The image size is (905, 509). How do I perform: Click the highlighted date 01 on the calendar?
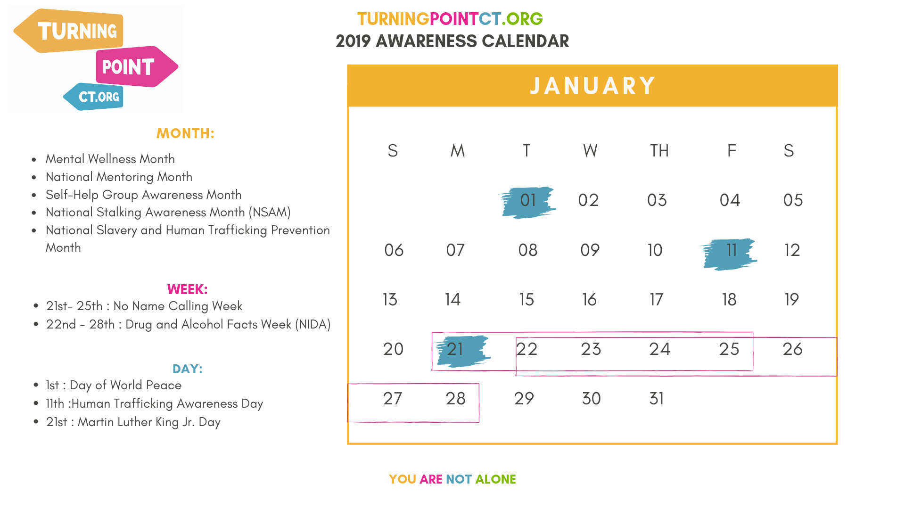click(x=528, y=201)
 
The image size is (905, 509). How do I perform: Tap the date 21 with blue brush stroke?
click(x=455, y=349)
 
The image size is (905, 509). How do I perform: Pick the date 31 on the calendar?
click(x=657, y=399)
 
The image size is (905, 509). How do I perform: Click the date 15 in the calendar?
click(x=527, y=300)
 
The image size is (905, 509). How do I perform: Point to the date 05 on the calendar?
click(x=793, y=200)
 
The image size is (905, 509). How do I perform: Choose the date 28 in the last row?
click(x=455, y=399)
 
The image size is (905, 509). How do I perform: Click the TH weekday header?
click(x=659, y=151)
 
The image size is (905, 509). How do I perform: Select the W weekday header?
click(x=590, y=151)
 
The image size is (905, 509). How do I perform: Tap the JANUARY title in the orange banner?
click(x=592, y=86)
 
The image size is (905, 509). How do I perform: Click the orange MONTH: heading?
click(x=185, y=133)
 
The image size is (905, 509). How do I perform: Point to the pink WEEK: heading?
click(x=187, y=289)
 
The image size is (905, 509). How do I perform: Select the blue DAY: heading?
click(x=187, y=369)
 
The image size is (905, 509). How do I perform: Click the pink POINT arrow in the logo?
click(x=137, y=66)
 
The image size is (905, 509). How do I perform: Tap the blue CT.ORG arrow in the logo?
click(x=93, y=97)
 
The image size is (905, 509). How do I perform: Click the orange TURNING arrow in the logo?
click(x=69, y=31)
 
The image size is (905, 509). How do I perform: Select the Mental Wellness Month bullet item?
click(x=110, y=159)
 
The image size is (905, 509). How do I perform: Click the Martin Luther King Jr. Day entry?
click(x=133, y=422)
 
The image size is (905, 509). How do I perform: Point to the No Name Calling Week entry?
click(x=144, y=306)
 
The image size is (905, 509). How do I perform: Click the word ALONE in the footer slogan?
click(x=495, y=479)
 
